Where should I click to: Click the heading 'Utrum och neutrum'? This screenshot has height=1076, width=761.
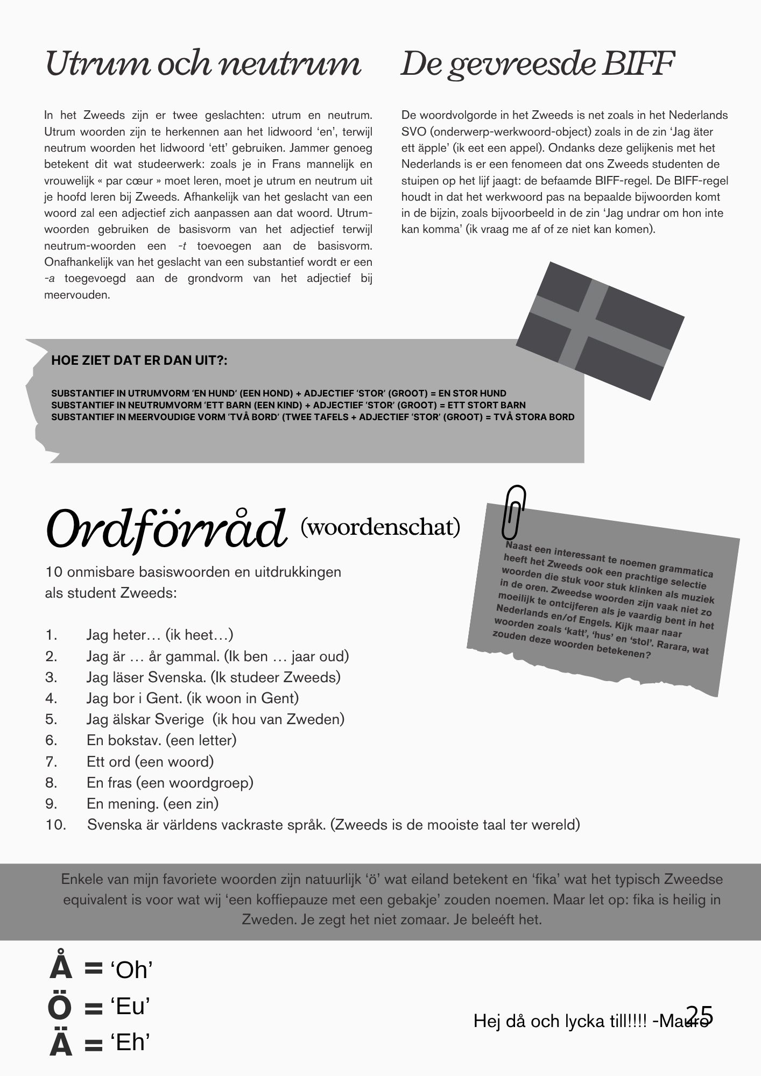203,64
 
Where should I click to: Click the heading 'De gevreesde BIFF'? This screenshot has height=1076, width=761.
537,64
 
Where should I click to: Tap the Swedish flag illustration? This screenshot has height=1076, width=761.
600,331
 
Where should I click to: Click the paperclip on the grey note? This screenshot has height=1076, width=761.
513,512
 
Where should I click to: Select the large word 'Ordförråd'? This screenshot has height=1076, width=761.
166,527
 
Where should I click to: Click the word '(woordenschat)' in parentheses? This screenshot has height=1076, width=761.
380,527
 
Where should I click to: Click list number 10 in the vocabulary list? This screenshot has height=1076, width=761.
55,825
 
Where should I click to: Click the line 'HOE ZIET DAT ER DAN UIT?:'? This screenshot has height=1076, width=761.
139,360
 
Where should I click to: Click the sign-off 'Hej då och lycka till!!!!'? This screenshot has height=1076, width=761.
560,1021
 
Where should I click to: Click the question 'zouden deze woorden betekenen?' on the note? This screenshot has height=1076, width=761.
572,644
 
